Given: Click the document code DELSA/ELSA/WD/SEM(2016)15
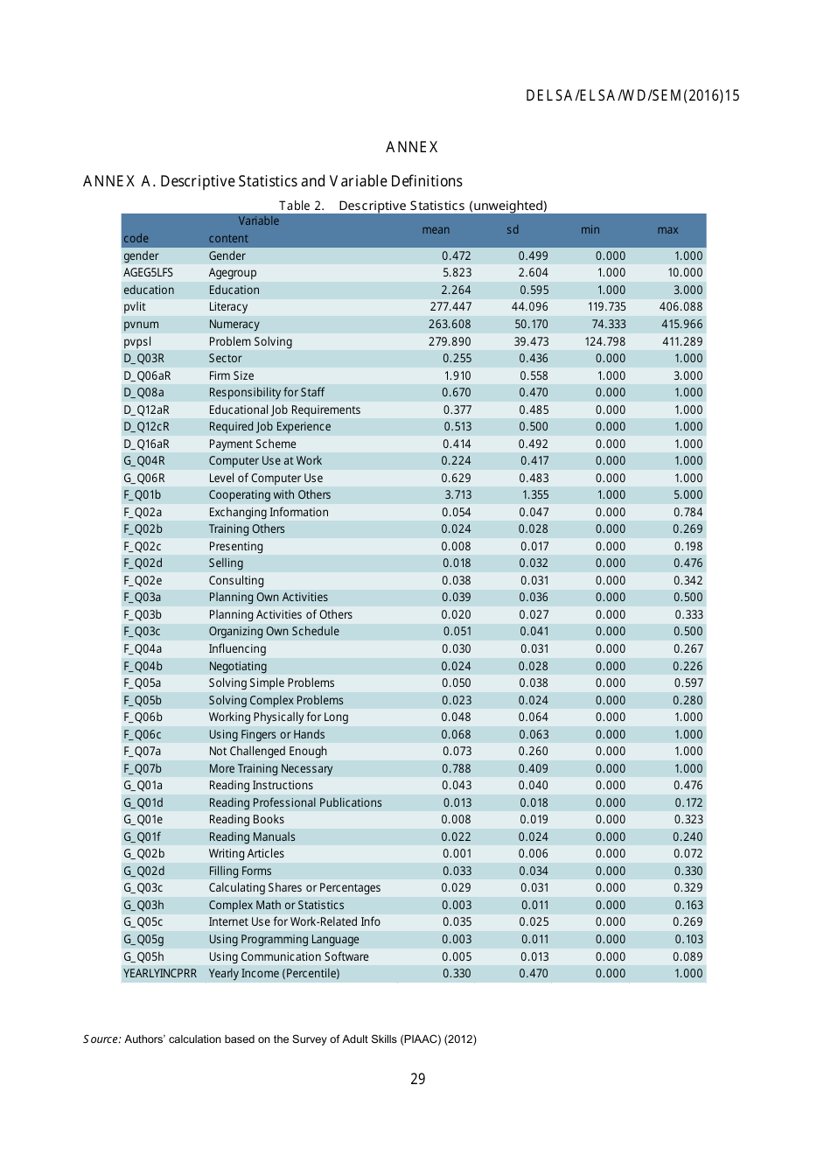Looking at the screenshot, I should pos(632,96).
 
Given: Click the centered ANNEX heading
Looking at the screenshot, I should pos(412,147).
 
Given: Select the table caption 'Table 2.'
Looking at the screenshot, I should pos(301,206).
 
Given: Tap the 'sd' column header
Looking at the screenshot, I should pos(513,230).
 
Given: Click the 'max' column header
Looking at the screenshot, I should pos(667,230).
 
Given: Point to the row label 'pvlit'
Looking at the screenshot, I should pos(135,307).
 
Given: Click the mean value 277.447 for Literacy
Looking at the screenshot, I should pos(450,307).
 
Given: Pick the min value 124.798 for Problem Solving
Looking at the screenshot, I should pos(605,341).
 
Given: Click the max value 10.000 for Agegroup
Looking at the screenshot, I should pos(685,273).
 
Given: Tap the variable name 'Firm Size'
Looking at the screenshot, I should pos(231,375).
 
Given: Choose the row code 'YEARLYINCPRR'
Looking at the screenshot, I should pos(160,974).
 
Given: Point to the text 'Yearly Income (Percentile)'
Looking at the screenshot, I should pos(274,974).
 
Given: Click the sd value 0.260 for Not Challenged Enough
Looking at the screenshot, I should pos(534,752).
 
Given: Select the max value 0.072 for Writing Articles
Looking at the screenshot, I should pos(688,854).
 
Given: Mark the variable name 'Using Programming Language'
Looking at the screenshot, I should pos(283,940).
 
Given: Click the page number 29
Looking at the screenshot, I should pos(418,1080).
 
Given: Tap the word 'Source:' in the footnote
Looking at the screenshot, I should pos(102,1039).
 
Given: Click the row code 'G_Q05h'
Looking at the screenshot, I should pos(143,957).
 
